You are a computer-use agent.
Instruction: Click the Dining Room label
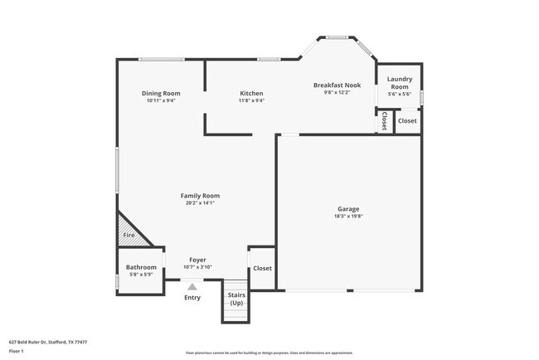click(x=161, y=94)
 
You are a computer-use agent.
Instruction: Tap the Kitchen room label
click(x=251, y=94)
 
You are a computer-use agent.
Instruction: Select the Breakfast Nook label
click(x=337, y=85)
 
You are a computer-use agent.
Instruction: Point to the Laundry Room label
click(x=400, y=83)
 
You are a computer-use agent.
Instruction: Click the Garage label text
click(x=348, y=209)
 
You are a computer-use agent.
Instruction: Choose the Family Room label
click(x=200, y=196)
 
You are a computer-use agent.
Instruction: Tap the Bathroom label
click(x=141, y=267)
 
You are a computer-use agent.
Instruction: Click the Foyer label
click(x=197, y=260)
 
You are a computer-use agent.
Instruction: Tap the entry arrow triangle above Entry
click(x=192, y=287)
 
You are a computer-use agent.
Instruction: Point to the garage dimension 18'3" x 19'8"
click(x=348, y=216)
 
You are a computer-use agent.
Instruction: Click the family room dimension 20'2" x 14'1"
click(x=200, y=202)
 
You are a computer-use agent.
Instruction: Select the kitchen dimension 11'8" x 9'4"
click(x=251, y=100)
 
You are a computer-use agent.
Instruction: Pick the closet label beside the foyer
click(x=262, y=268)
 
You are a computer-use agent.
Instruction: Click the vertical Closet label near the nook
click(x=384, y=121)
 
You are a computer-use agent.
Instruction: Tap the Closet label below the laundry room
click(x=407, y=121)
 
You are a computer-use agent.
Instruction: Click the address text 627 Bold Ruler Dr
click(x=47, y=342)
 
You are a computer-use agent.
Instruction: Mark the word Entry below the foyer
click(x=192, y=297)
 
